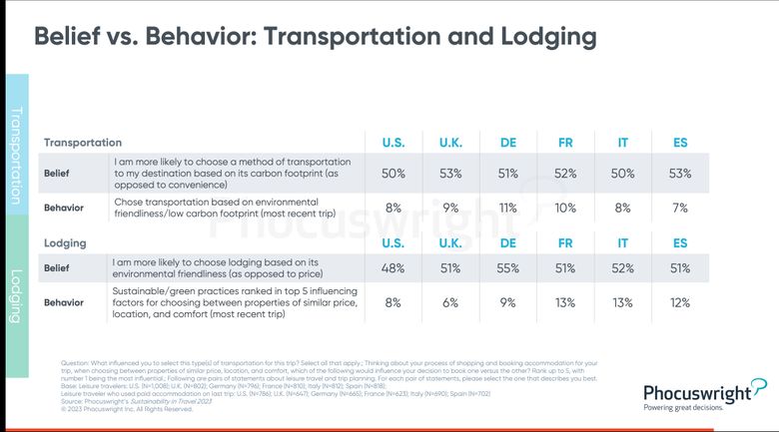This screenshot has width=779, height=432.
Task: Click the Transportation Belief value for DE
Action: click(x=507, y=173)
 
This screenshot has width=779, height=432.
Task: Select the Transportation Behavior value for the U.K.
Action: click(x=450, y=209)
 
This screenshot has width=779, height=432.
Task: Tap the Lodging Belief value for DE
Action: click(x=507, y=267)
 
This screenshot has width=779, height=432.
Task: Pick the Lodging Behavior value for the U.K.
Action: click(x=450, y=302)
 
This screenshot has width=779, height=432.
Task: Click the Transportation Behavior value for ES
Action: click(x=680, y=209)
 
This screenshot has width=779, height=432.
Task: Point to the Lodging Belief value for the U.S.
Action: click(x=393, y=267)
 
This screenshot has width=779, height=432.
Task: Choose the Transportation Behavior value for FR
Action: click(x=565, y=209)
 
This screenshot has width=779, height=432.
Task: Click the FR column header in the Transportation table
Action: click(x=565, y=143)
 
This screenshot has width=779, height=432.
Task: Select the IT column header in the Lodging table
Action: click(x=623, y=242)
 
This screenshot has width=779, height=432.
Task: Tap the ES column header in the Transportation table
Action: click(x=680, y=143)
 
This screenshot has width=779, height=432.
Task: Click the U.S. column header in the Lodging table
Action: click(x=393, y=242)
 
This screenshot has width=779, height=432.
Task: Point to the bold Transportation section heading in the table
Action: click(x=90, y=143)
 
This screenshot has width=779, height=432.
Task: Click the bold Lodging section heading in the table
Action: click(x=65, y=242)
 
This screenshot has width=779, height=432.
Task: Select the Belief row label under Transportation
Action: click(x=57, y=173)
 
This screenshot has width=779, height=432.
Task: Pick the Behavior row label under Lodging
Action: click(x=63, y=302)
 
